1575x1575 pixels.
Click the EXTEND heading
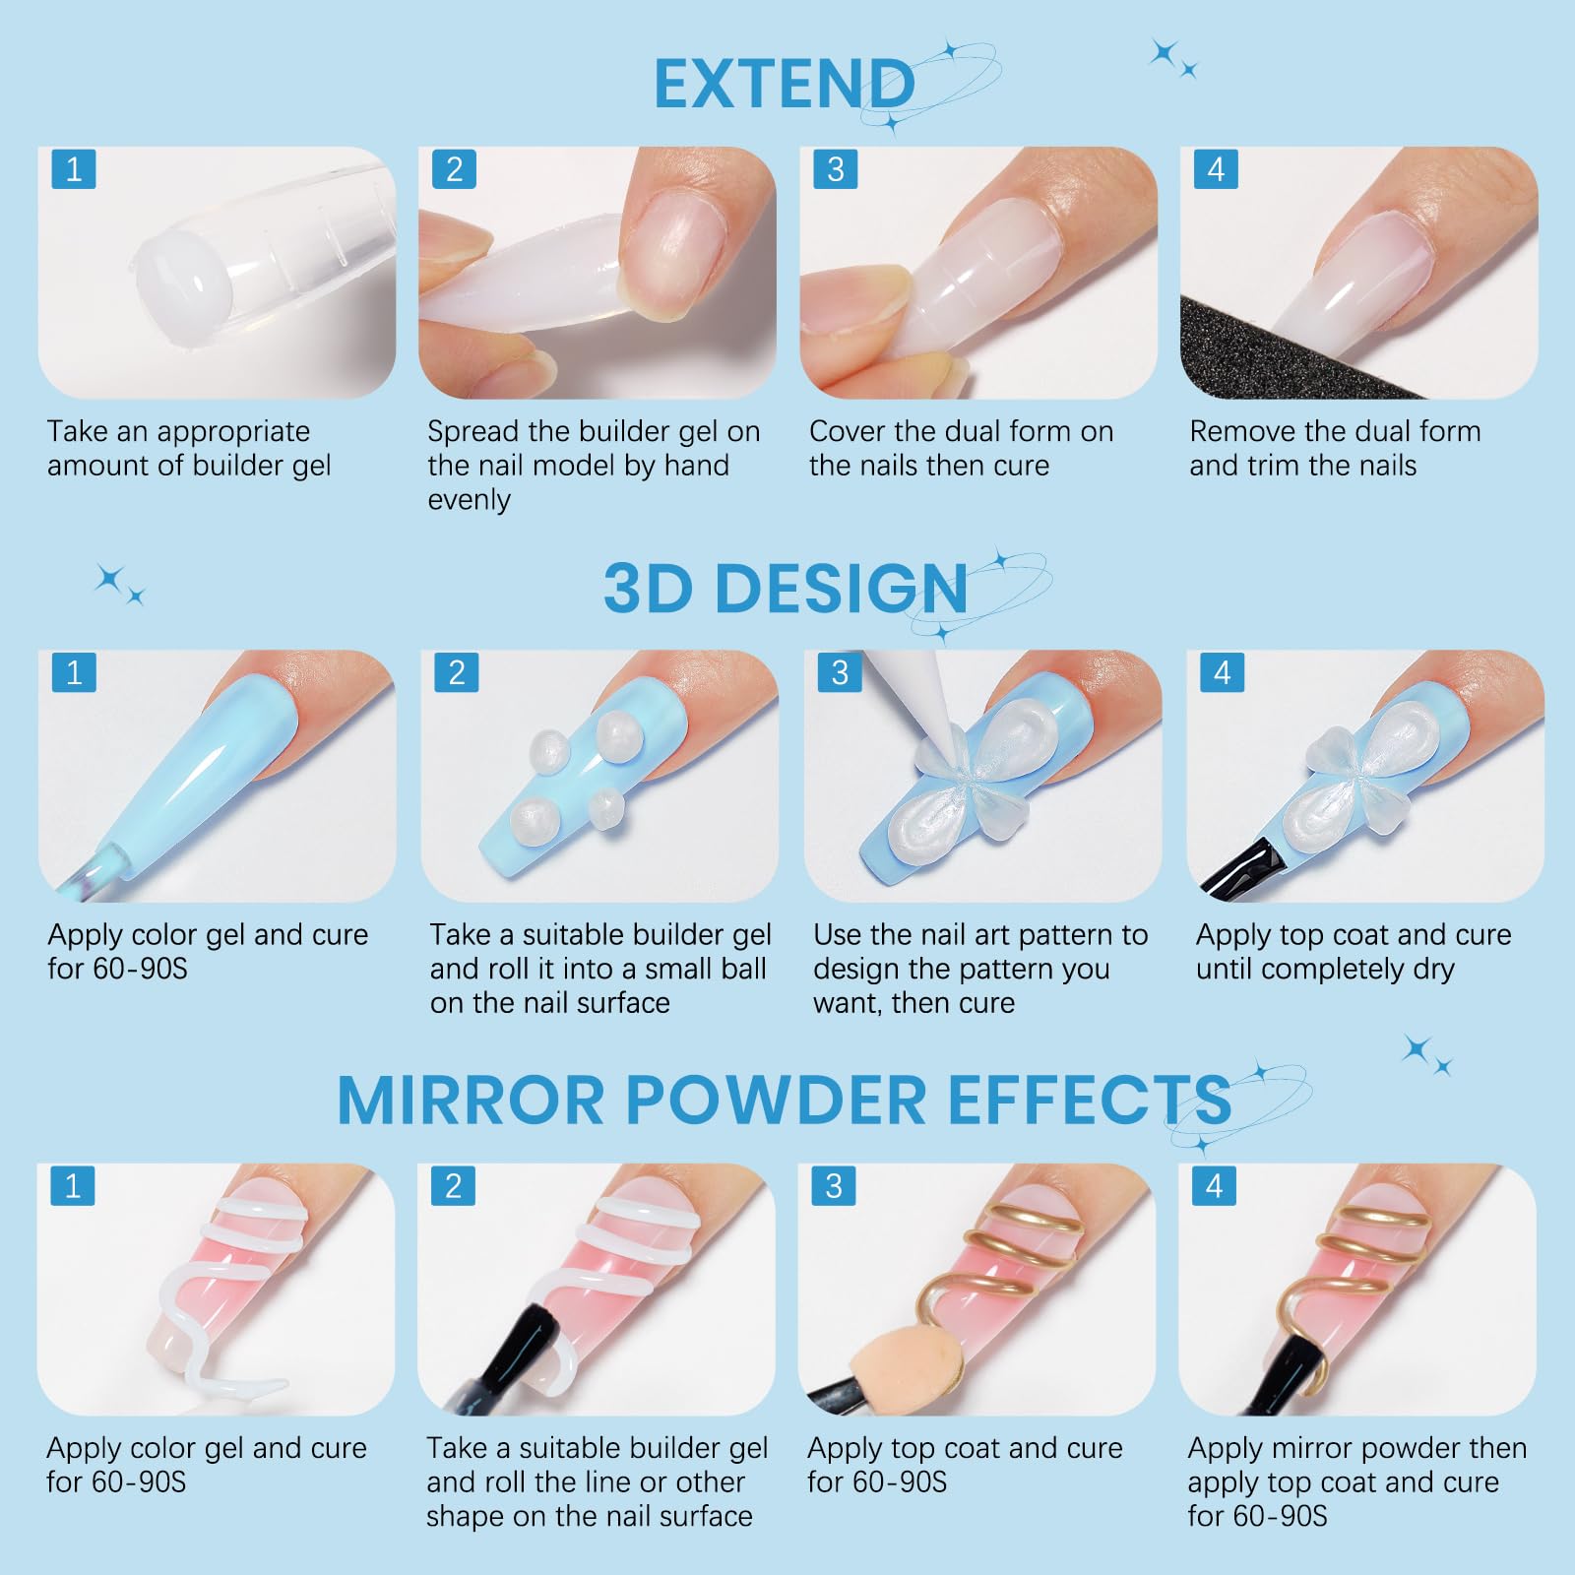[785, 84]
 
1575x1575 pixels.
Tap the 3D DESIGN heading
[786, 589]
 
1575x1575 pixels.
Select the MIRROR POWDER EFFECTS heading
[784, 1099]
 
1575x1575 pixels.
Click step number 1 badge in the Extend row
[74, 169]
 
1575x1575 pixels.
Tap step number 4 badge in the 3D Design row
[1223, 672]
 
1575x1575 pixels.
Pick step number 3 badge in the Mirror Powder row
[834, 1186]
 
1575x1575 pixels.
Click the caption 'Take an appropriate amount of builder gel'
[189, 448]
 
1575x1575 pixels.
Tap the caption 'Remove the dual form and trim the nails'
[1335, 448]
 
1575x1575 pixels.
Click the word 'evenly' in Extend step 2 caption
[469, 500]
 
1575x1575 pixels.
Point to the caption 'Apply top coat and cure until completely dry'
[1354, 952]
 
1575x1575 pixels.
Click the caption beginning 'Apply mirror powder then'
[1357, 1481]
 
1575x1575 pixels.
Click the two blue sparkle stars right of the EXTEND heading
[1173, 58]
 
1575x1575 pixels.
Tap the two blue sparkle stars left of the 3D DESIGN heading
[119, 584]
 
